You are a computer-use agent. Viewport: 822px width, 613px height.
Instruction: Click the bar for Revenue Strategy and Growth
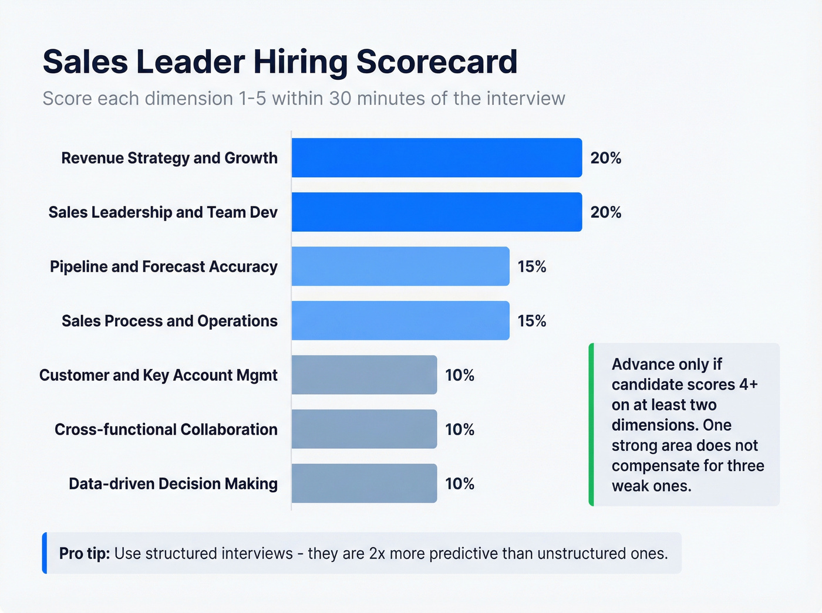pyautogui.click(x=436, y=158)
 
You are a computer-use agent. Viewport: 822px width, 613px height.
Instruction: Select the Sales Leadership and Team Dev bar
pyautogui.click(x=436, y=212)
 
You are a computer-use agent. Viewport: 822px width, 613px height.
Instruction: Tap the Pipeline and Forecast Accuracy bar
pyautogui.click(x=400, y=266)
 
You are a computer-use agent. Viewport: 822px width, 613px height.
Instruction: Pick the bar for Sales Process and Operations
pyautogui.click(x=400, y=320)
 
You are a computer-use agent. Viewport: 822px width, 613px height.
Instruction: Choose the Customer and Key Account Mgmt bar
pyautogui.click(x=364, y=375)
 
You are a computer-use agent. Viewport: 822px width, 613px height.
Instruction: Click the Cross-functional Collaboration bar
pyautogui.click(x=364, y=429)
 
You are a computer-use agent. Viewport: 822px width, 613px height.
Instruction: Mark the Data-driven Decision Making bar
pyautogui.click(x=364, y=483)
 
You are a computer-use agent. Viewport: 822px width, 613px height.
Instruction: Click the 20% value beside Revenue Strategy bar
pyautogui.click(x=605, y=158)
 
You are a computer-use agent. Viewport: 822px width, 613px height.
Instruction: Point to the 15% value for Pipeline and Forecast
pyautogui.click(x=531, y=267)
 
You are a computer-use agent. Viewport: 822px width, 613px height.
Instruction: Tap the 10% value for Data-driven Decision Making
pyautogui.click(x=459, y=484)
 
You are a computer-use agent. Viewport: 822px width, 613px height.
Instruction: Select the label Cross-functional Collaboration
pyautogui.click(x=166, y=429)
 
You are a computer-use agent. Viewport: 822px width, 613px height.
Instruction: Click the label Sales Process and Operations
pyautogui.click(x=169, y=321)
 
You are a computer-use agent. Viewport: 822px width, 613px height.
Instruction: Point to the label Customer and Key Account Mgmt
pyautogui.click(x=158, y=375)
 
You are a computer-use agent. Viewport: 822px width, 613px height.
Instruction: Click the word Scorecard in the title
pyautogui.click(x=437, y=62)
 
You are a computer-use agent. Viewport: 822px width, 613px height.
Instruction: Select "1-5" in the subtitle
pyautogui.click(x=252, y=99)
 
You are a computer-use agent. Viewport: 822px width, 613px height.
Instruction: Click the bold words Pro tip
pyautogui.click(x=84, y=553)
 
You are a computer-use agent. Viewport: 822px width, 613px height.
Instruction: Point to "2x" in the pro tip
pyautogui.click(x=377, y=554)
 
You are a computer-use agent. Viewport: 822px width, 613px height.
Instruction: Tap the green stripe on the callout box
pyautogui.click(x=591, y=424)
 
